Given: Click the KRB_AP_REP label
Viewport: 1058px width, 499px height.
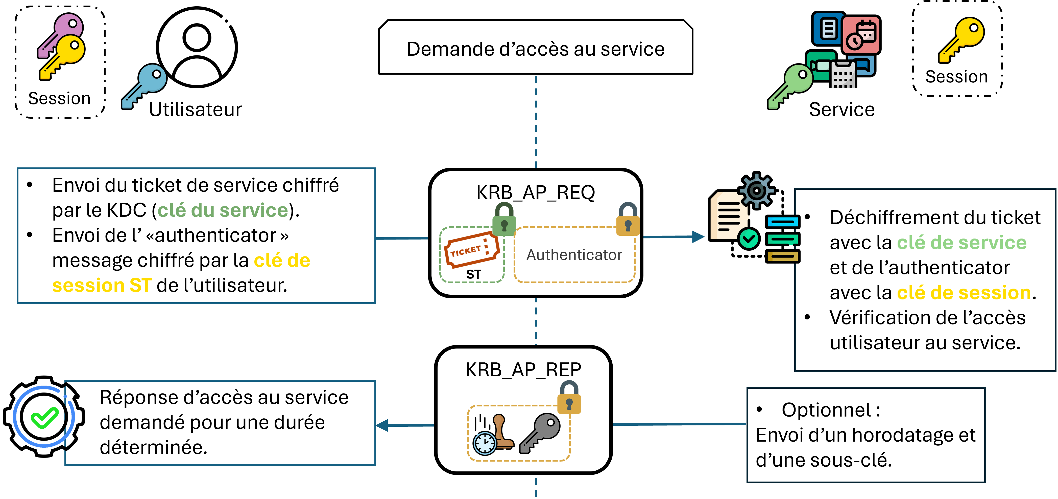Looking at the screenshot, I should (x=523, y=370).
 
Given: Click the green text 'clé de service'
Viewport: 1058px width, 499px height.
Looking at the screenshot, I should (x=961, y=243).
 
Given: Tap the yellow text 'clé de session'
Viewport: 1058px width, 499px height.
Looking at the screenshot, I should (x=964, y=293).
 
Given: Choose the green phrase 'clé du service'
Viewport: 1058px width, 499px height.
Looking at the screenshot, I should (x=223, y=210).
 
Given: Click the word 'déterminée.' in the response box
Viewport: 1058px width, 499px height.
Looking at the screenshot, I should (x=153, y=447).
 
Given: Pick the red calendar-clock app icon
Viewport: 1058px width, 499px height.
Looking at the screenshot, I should (x=861, y=35).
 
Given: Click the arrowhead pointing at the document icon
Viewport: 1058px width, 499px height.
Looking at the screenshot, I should (x=698, y=237).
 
